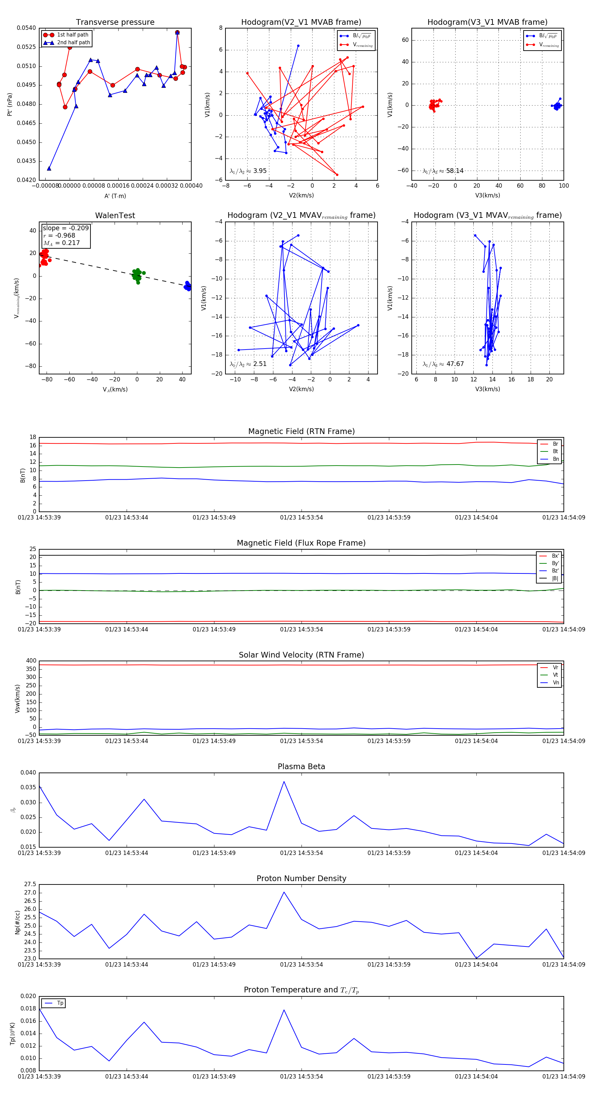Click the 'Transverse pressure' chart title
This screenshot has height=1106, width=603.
tap(115, 22)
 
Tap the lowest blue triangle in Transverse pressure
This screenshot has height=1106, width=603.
tap(49, 168)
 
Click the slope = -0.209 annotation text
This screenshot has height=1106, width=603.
tap(66, 228)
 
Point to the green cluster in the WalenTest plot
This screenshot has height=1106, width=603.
tap(136, 275)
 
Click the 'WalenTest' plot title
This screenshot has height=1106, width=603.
tap(115, 216)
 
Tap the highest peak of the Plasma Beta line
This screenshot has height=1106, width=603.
tap(284, 782)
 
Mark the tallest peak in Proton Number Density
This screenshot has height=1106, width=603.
tap(284, 892)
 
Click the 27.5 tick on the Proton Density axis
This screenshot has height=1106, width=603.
tap(30, 884)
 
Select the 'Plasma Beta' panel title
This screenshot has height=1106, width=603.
tap(301, 766)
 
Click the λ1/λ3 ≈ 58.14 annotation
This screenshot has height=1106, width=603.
tap(443, 171)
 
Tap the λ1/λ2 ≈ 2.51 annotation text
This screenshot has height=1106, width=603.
tap(248, 364)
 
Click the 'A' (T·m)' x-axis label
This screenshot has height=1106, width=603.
tap(115, 196)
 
